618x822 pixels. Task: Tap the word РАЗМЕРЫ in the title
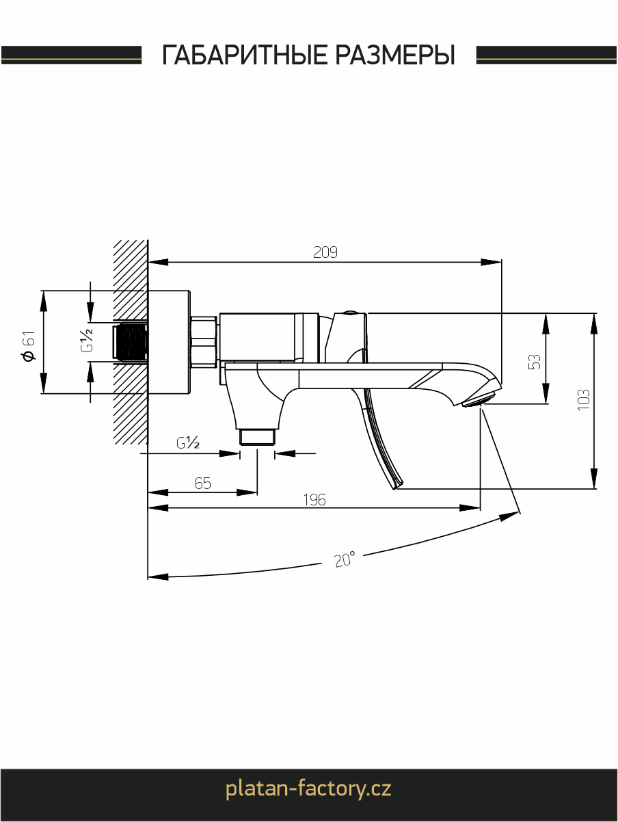[x=395, y=55]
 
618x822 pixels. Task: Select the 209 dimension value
[x=325, y=252]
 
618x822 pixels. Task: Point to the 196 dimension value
[x=314, y=500]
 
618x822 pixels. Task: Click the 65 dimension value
[x=203, y=483]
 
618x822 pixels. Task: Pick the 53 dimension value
[x=535, y=362]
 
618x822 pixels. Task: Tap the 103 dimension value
[x=584, y=400]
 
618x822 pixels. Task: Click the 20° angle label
[x=345, y=559]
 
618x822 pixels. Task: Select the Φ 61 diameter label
[x=29, y=345]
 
